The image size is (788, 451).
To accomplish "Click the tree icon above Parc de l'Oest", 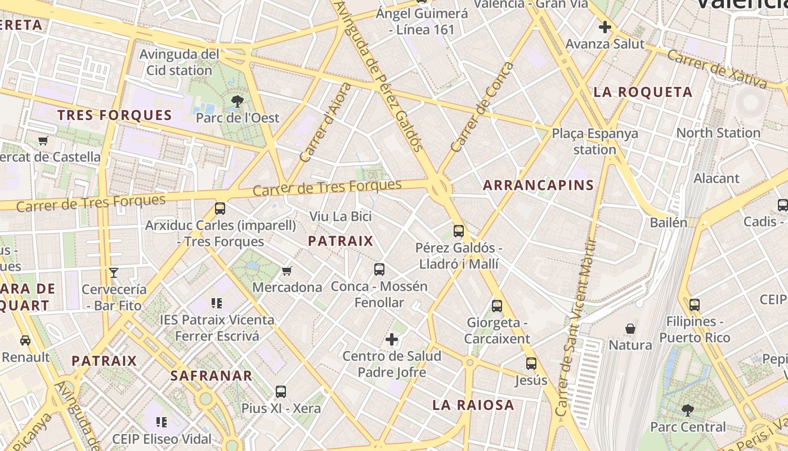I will (238, 101).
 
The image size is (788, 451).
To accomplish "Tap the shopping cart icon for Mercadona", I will (287, 271).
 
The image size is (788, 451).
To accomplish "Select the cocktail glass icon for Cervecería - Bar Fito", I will (114, 273).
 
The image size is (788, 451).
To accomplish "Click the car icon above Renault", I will (25, 341).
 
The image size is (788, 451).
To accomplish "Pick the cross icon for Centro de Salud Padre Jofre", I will (392, 339).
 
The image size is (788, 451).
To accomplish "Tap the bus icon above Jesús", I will (531, 364).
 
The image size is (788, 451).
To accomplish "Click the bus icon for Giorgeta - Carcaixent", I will (497, 306).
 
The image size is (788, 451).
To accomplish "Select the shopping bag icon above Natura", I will (630, 329).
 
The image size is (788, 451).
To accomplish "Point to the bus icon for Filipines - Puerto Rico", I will (695, 305).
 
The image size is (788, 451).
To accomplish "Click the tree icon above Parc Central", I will (687, 410).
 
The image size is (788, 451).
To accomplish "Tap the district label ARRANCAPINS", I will (539, 185).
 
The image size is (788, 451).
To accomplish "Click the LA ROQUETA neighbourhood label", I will (643, 92).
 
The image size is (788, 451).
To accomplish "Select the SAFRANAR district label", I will (211, 375).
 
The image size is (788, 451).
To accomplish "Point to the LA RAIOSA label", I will (473, 405).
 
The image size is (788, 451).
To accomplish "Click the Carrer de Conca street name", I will (482, 107).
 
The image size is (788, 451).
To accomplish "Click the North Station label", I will (718, 133).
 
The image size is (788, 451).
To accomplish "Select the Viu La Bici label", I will (341, 216).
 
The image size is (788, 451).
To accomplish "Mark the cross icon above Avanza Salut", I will (605, 26).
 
